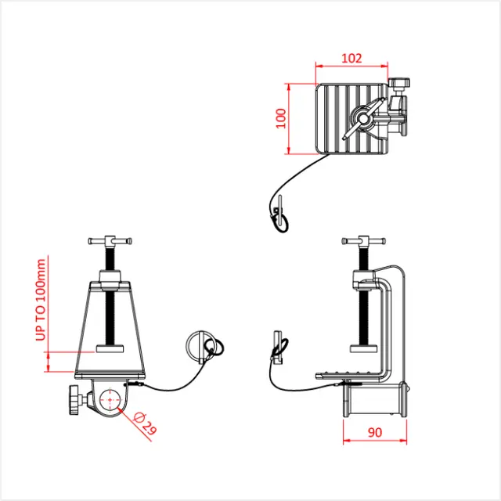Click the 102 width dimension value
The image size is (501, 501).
click(x=352, y=57)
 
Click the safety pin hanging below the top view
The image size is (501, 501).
click(x=279, y=214)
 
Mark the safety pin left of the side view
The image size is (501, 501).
click(x=279, y=345)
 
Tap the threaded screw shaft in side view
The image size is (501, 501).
click(x=362, y=313)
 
